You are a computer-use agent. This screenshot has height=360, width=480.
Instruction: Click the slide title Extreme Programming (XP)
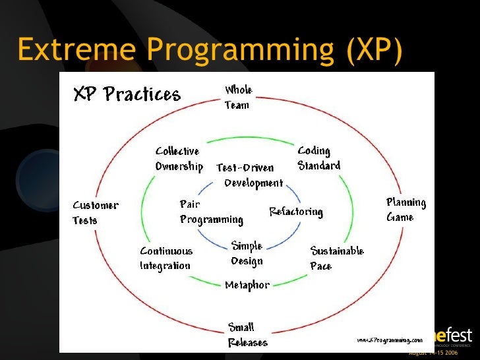tap(209, 51)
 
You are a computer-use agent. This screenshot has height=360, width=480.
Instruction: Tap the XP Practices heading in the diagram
tap(126, 94)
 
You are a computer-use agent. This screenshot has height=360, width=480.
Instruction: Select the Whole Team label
tap(238, 97)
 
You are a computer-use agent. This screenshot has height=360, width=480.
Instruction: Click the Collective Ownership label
tap(179, 159)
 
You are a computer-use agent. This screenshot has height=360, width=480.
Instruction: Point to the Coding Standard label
tap(319, 158)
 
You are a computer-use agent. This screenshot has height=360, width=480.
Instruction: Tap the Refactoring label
tap(296, 212)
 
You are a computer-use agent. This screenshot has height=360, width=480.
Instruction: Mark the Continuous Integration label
tap(166, 258)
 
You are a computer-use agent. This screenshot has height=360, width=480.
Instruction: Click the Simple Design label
tap(247, 254)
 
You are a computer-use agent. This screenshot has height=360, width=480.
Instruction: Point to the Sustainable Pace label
tap(337, 258)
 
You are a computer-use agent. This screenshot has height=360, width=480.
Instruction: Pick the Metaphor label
tap(247, 285)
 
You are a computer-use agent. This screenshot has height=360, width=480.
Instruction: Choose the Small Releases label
tap(247, 335)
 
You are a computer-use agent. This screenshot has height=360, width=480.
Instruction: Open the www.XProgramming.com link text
tap(389, 340)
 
